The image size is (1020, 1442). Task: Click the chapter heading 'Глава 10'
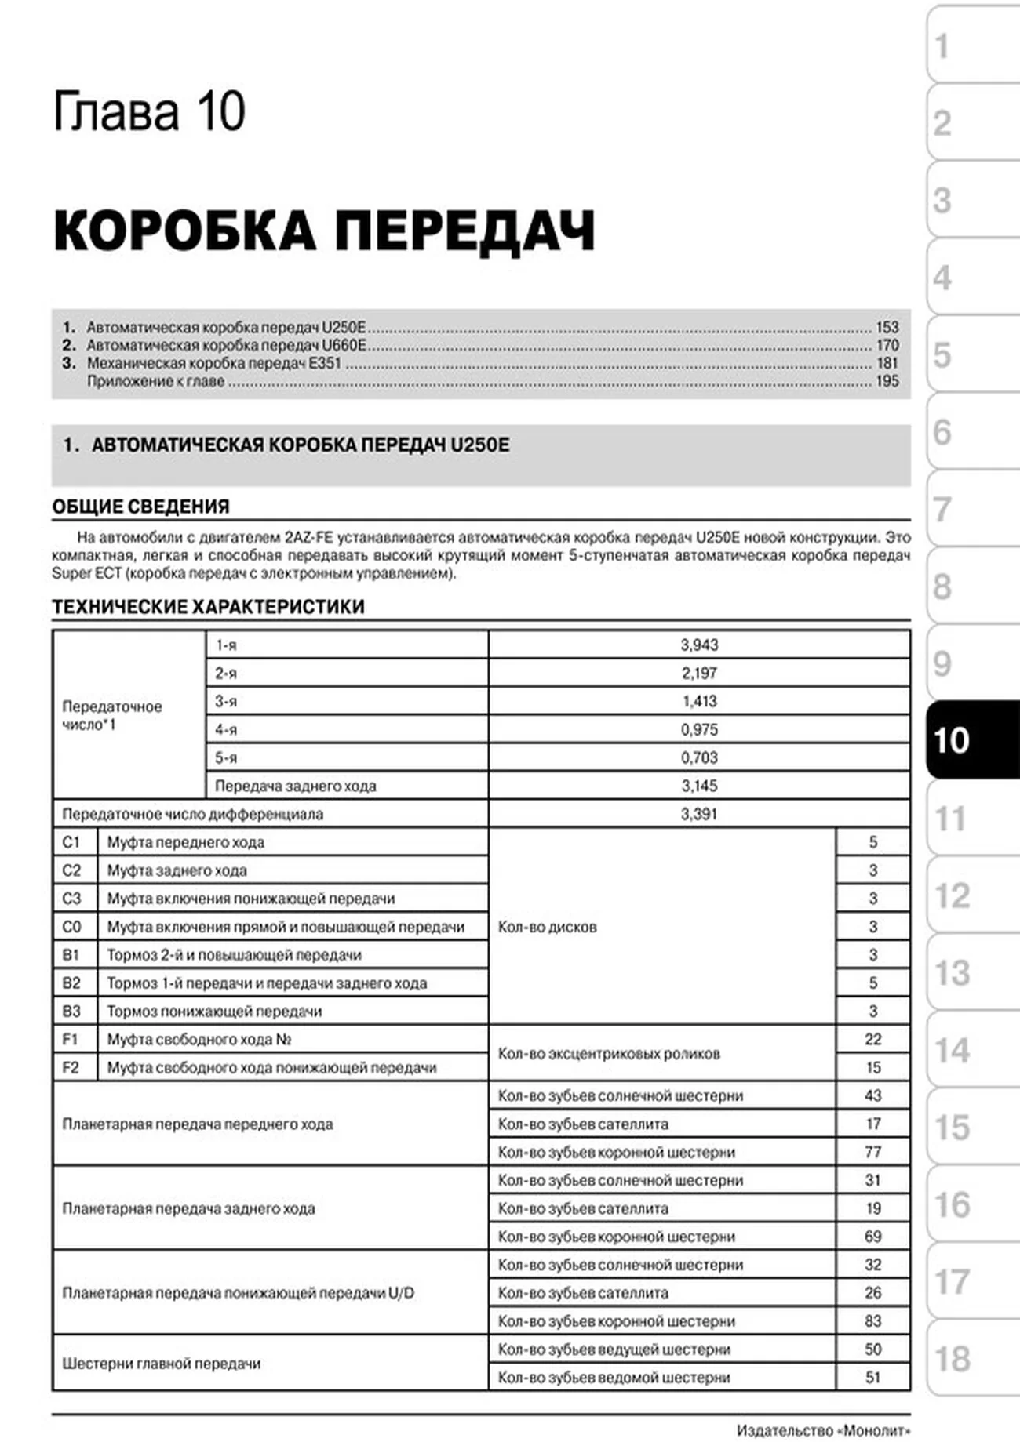tap(149, 112)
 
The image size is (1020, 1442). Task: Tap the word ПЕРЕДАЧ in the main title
tap(464, 231)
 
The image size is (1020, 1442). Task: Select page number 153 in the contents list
tap(887, 328)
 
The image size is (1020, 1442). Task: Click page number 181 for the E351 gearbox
tap(887, 364)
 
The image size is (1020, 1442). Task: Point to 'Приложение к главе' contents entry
tap(155, 382)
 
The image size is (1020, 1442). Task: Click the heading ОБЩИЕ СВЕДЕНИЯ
tap(140, 507)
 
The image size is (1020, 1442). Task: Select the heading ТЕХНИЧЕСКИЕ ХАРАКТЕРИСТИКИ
tap(208, 607)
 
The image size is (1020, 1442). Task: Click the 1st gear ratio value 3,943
tap(699, 645)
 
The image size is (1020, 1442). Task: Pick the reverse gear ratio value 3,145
tap(699, 786)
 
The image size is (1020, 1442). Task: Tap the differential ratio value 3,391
tap(699, 815)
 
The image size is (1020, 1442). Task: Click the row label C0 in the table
tap(71, 928)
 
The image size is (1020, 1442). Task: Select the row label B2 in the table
tap(71, 984)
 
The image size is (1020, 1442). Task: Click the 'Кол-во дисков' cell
tap(548, 928)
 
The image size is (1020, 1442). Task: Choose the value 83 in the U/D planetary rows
tap(872, 1322)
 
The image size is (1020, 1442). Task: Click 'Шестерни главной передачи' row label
tap(161, 1364)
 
